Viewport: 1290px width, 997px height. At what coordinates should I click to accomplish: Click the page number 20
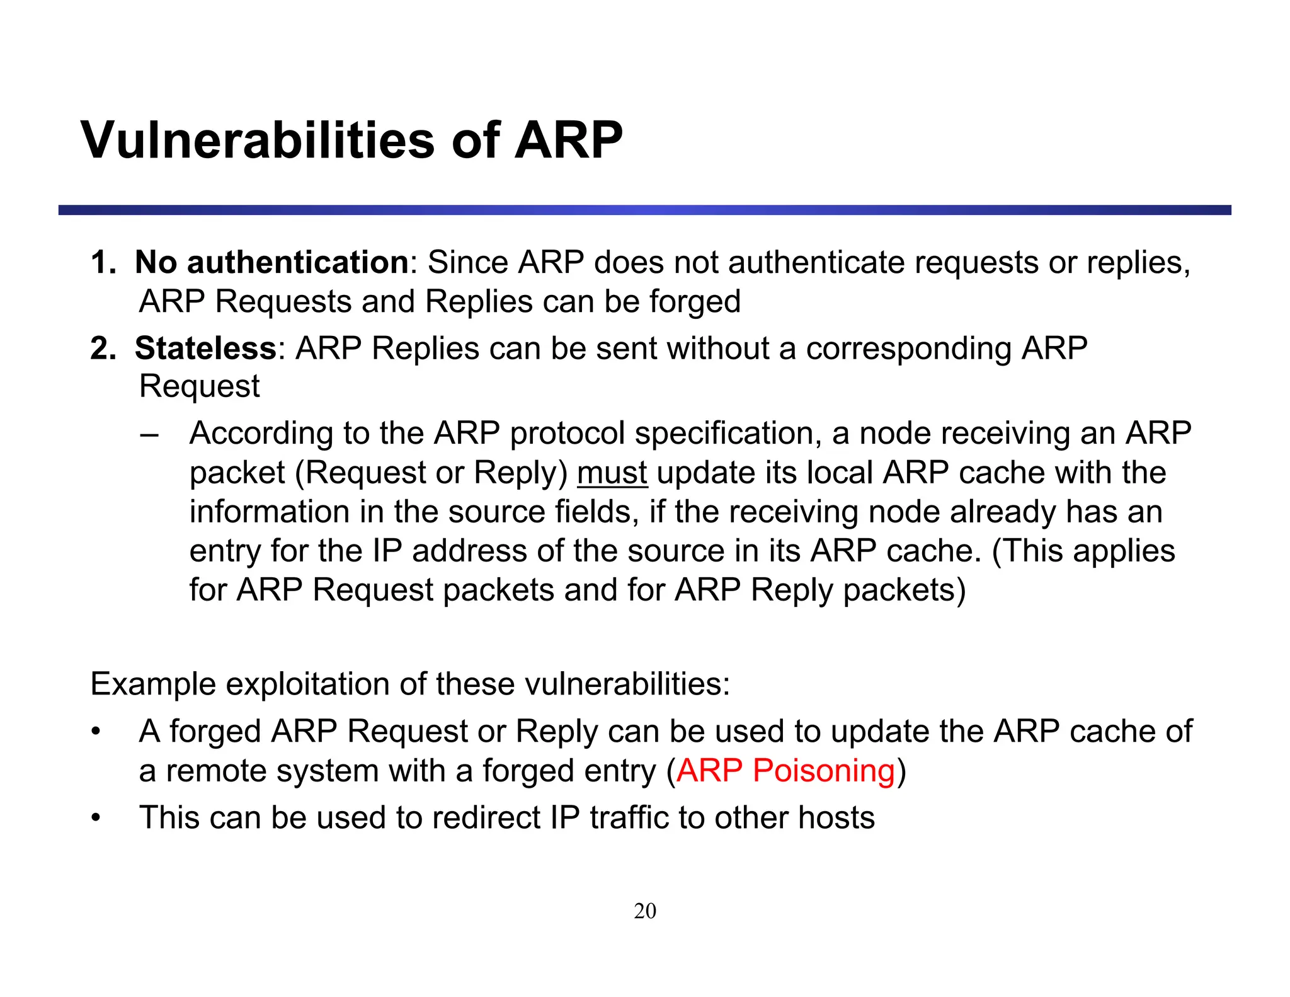[x=644, y=911]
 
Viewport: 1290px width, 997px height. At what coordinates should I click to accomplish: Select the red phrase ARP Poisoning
[x=785, y=770]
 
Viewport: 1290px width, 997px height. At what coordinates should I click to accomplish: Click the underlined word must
[x=612, y=473]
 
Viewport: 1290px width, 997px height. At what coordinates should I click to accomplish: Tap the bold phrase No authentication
[x=272, y=262]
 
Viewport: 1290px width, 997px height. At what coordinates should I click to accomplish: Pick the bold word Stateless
[x=205, y=348]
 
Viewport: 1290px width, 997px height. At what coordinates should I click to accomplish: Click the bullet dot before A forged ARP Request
[x=96, y=732]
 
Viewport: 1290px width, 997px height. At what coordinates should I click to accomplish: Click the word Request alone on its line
[x=199, y=386]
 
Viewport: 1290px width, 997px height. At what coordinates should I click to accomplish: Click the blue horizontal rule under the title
[x=644, y=210]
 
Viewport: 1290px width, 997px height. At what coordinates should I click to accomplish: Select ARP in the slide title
[x=568, y=140]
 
